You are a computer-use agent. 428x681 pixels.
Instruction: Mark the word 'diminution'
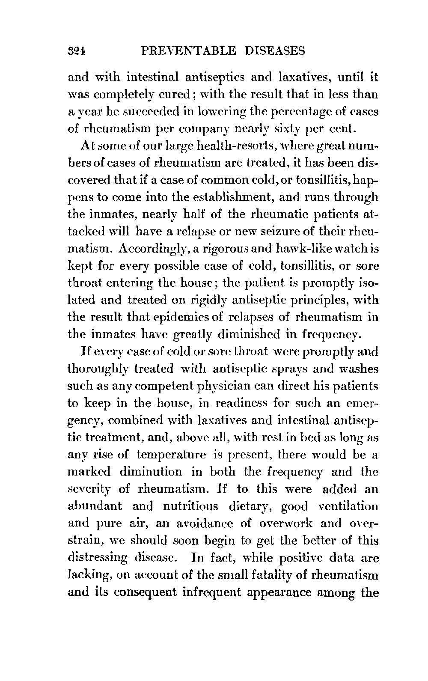click(151, 472)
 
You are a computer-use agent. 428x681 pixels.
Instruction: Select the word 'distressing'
click(98, 558)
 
